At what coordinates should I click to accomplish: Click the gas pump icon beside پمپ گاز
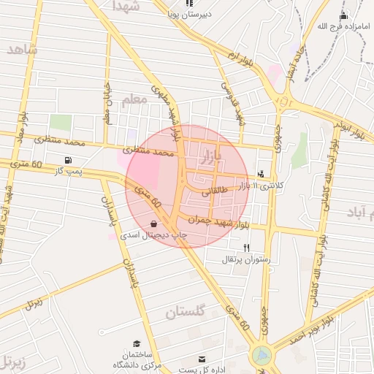coord(69,160)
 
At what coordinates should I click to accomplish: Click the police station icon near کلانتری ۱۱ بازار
coord(262,174)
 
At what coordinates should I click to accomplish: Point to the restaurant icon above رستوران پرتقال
coord(246,248)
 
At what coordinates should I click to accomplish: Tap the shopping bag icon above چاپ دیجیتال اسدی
coord(153,224)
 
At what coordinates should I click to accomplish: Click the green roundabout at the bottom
coord(261,356)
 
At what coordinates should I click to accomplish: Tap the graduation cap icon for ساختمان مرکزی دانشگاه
coord(137,343)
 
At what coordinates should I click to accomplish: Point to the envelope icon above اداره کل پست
coord(202,359)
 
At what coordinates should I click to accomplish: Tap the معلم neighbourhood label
coord(134,100)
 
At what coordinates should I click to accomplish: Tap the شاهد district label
coord(23,48)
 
